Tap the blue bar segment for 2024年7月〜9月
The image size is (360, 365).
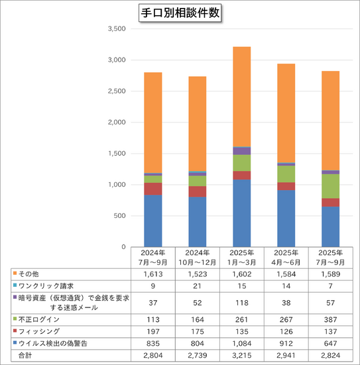click(x=152, y=221)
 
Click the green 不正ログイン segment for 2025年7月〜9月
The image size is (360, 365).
click(x=330, y=186)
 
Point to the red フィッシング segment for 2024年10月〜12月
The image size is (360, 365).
click(x=197, y=191)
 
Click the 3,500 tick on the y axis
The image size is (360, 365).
click(x=116, y=29)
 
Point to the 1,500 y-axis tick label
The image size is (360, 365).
click(x=116, y=154)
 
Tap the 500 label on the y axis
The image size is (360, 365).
click(x=119, y=216)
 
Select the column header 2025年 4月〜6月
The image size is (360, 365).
click(x=286, y=257)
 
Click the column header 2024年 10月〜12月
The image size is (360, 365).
click(x=197, y=257)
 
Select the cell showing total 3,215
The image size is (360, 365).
click(x=241, y=355)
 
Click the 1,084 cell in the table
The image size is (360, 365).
click(x=241, y=342)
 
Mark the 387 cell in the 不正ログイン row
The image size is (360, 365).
click(x=330, y=319)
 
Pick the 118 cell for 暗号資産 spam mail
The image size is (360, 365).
click(x=241, y=302)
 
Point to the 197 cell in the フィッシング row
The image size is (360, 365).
click(x=152, y=331)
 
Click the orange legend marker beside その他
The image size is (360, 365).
click(x=14, y=273)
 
